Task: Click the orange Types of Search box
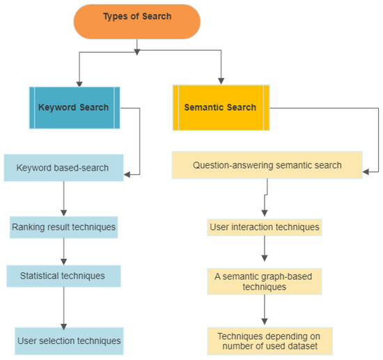click(136, 19)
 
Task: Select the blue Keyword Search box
click(74, 107)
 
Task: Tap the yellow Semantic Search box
click(220, 107)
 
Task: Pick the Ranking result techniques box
click(63, 226)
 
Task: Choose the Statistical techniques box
click(63, 276)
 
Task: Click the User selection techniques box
click(69, 341)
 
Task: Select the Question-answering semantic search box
click(267, 166)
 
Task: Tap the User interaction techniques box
click(265, 227)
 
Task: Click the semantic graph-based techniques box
click(263, 281)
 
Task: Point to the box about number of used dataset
click(269, 341)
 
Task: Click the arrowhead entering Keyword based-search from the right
click(129, 174)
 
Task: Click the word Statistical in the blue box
click(38, 276)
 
